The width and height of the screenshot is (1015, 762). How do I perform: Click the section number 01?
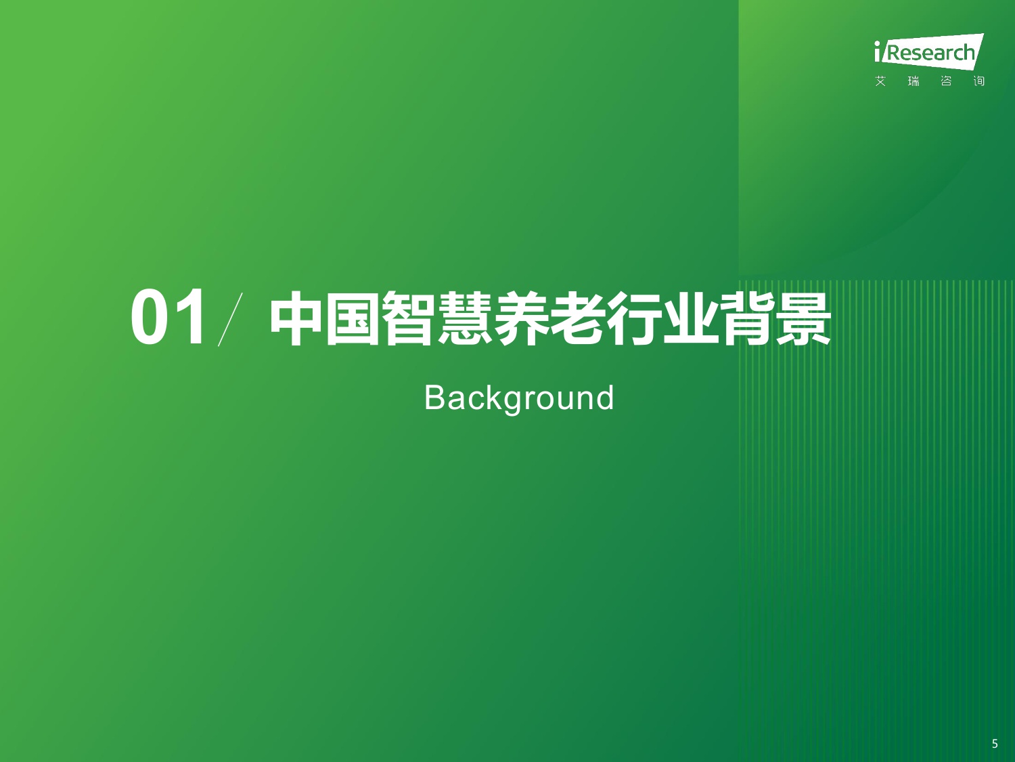pos(168,317)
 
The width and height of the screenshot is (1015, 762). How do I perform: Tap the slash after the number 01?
pos(231,319)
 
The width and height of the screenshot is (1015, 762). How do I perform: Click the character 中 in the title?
pos(296,319)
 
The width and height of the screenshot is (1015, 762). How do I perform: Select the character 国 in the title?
pos(352,319)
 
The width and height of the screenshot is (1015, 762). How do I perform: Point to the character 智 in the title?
pos(408,319)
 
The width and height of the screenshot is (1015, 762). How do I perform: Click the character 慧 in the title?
pos(465,319)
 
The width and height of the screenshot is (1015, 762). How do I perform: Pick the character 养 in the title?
pos(521,319)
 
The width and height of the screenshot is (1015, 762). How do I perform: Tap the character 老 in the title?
pos(577,319)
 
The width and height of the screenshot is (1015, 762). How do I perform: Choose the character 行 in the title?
pos(634,319)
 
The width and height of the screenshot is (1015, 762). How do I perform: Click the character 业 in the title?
pos(690,319)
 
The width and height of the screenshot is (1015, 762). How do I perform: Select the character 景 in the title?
pos(803,319)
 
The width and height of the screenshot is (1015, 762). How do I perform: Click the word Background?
pos(519,398)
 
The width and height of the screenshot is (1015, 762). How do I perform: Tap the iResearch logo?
pos(928,52)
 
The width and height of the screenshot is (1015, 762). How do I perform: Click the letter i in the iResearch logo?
pos(878,52)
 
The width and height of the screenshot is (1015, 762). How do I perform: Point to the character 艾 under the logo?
pos(880,81)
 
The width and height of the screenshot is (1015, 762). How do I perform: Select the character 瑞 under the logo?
pos(913,81)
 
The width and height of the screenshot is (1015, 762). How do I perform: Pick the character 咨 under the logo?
pos(946,81)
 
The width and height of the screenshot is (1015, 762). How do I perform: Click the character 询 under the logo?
pos(979,81)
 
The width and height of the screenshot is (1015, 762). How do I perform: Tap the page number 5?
pos(995,744)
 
